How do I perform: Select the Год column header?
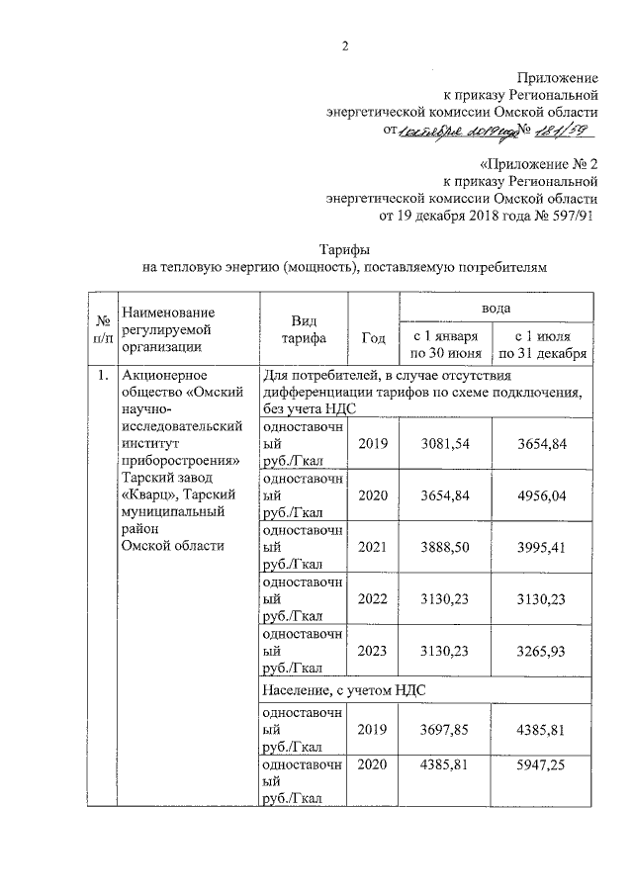[373, 338]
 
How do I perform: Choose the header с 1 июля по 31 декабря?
[544, 344]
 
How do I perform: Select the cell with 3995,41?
[544, 548]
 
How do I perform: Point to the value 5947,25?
[544, 766]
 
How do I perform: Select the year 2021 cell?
[373, 548]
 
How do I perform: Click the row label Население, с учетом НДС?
[344, 689]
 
